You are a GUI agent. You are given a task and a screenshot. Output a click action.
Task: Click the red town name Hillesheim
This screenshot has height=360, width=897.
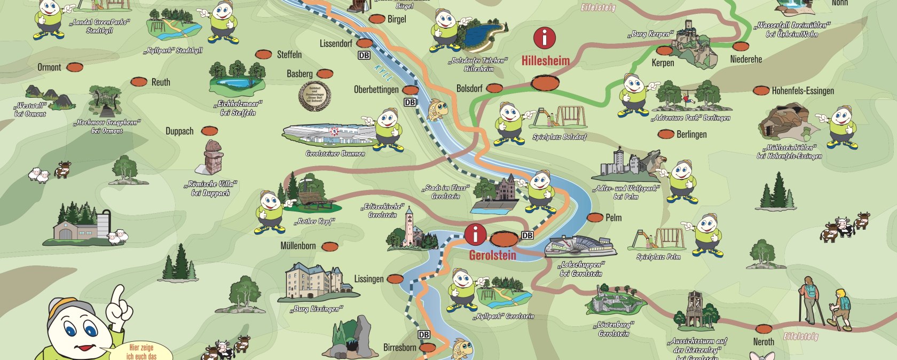pos(545,61)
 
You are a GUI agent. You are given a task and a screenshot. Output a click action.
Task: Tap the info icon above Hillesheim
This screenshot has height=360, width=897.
pos(545,38)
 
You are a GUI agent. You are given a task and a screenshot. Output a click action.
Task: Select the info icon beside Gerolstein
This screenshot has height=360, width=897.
pos(475,234)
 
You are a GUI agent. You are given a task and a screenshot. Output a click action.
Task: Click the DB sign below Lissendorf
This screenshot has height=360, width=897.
pos(364,55)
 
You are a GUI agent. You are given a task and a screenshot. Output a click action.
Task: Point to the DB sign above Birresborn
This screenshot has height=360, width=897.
pos(424,335)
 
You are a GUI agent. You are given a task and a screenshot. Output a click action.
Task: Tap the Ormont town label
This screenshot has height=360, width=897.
pos(49,67)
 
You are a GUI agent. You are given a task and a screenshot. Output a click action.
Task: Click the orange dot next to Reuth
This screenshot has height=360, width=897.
pos(139,82)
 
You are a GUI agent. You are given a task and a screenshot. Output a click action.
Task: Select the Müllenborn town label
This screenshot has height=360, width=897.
pos(298,246)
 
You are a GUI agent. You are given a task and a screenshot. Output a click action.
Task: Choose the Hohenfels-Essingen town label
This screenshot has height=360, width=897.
pos(802,91)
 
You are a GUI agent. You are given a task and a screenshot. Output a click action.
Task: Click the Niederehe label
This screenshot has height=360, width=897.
pos(746,59)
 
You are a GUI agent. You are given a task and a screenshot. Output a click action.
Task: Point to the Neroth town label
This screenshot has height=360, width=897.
pos(764,342)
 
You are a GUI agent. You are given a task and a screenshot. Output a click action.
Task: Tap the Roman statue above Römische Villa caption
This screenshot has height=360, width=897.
pos(214,157)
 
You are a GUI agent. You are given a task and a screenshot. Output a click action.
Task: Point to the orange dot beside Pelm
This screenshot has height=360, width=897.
pos(595,217)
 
